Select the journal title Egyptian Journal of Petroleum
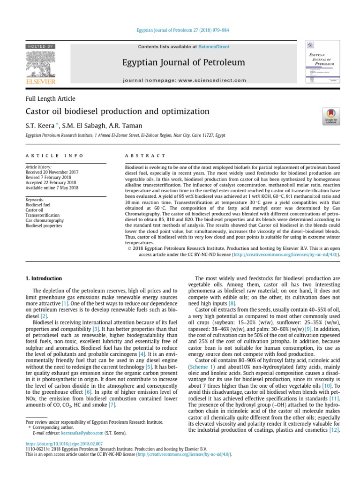point(183,62)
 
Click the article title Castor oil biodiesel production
point(117,112)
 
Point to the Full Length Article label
point(50,98)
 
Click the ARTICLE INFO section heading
point(54,156)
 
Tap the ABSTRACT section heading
point(145,156)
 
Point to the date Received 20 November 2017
point(52,172)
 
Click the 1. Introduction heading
point(43,278)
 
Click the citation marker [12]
point(334,430)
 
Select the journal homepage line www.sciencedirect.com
point(183,81)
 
